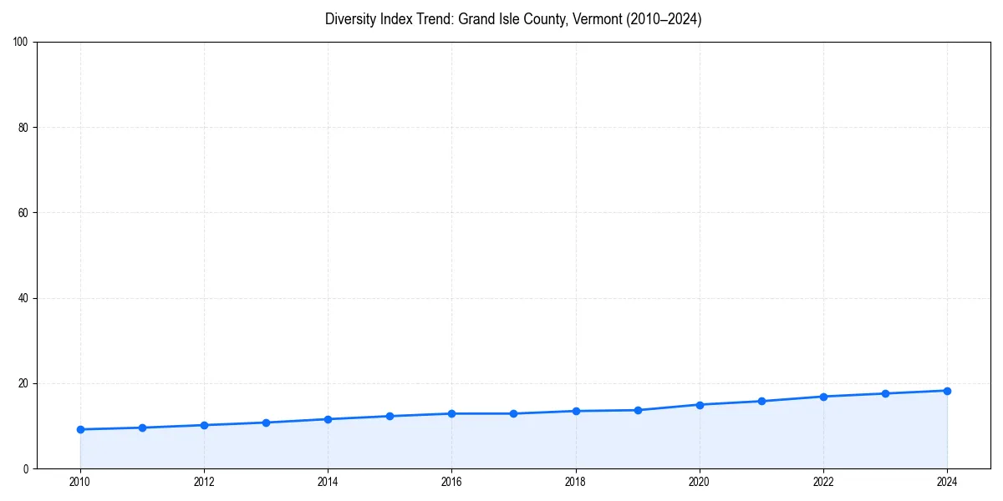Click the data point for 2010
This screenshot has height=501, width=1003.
tap(80, 429)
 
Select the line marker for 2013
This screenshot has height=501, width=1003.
tap(266, 423)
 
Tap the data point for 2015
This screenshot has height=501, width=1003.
tap(389, 416)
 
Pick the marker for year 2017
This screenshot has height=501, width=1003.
tap(513, 413)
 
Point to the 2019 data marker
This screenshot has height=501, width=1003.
tap(638, 410)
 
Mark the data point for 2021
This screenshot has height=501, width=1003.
tap(761, 401)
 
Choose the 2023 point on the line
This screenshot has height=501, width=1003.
tap(885, 393)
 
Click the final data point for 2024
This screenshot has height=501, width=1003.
tap(947, 391)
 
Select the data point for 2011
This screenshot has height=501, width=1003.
tap(142, 428)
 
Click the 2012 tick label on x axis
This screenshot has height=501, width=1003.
tap(204, 481)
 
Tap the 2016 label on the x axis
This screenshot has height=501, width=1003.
tap(451, 481)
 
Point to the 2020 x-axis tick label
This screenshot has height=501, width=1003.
tap(700, 481)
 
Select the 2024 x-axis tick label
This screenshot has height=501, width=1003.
tap(947, 481)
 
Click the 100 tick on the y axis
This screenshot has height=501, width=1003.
tap(22, 42)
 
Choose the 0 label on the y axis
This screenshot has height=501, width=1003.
tap(27, 468)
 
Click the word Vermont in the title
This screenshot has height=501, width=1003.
tap(595, 19)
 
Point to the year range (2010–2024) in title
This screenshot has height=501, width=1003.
tap(660, 19)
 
